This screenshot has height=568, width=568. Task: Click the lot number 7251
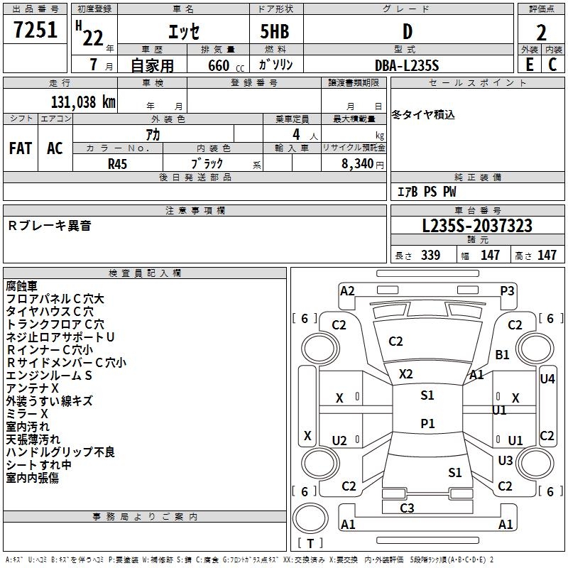[x=35, y=30]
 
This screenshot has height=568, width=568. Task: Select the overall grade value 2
[x=541, y=33]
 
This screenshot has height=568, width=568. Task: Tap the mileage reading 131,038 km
[x=83, y=102]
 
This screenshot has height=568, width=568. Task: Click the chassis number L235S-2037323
[x=477, y=226]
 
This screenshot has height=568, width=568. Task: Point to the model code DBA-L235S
[x=407, y=65]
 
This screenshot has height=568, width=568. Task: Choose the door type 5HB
[x=275, y=31]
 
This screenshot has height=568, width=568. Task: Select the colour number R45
[x=117, y=164]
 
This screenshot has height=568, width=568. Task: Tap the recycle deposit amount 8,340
[x=357, y=164]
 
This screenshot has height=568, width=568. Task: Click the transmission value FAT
[x=21, y=148]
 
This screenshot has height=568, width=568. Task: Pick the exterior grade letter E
[x=530, y=65]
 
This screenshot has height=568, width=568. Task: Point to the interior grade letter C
[x=552, y=65]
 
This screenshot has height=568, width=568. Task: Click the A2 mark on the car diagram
[x=347, y=291]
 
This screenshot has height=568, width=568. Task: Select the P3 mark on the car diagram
[x=507, y=291]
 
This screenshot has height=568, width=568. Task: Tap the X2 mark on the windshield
[x=405, y=374]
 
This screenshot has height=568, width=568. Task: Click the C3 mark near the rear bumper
[x=407, y=508]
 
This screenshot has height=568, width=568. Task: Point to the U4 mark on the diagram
[x=547, y=379]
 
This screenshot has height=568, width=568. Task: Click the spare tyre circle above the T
[x=310, y=519]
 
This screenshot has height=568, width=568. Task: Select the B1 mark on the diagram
[x=502, y=354]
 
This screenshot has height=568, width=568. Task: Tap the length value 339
[x=430, y=255]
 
